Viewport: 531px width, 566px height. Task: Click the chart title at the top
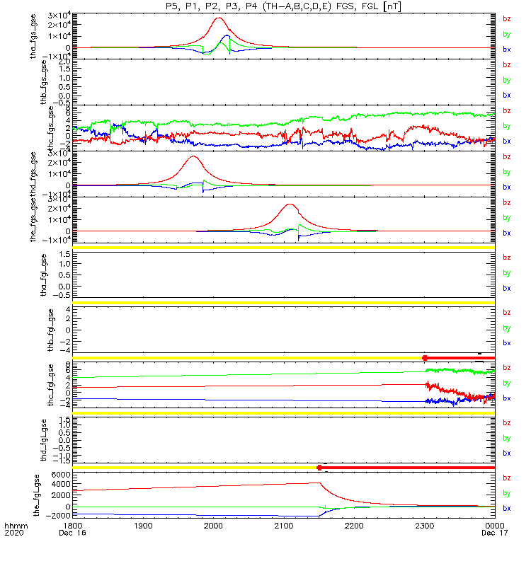tap(284, 6)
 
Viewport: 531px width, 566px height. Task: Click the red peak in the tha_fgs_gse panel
tap(218, 18)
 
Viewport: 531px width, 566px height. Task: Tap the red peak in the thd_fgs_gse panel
tap(192, 157)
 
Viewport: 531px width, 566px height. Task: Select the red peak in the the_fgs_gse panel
tap(289, 204)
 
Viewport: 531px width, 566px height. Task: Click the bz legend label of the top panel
tap(506, 18)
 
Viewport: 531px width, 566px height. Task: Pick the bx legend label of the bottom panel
tap(506, 508)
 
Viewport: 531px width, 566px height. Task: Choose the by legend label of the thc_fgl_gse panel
tap(506, 383)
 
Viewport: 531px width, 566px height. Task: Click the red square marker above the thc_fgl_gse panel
tap(425, 358)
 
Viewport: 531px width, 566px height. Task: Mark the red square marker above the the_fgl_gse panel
tap(319, 468)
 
